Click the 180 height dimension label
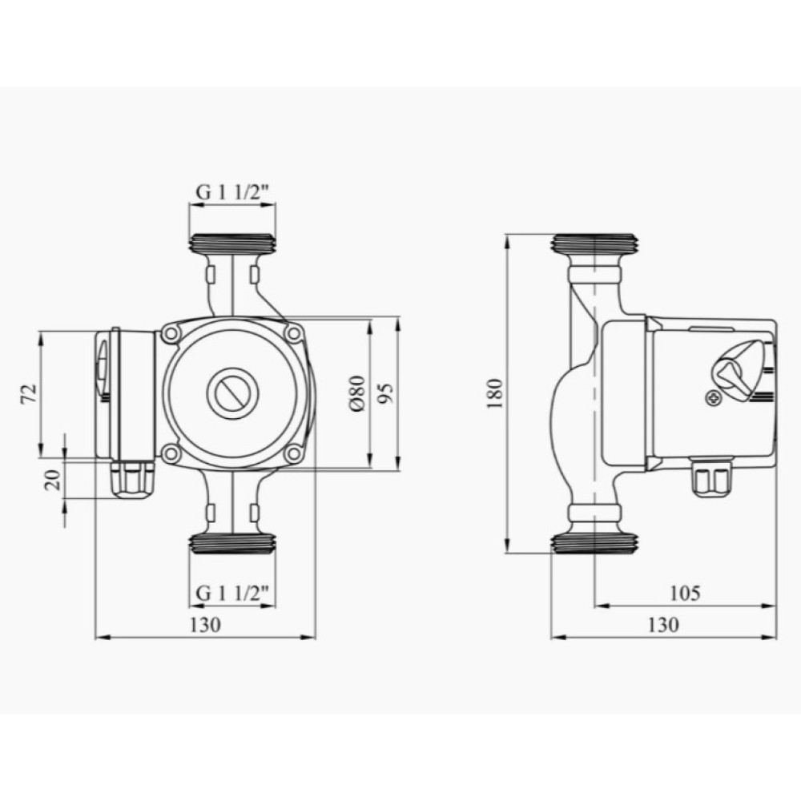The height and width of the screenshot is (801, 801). (x=494, y=392)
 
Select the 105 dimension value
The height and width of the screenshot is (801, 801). (x=685, y=593)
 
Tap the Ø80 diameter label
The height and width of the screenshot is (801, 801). (x=357, y=393)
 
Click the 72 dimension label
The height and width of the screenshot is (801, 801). (x=29, y=393)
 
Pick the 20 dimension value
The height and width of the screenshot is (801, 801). (x=53, y=480)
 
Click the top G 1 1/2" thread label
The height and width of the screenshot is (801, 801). (x=233, y=192)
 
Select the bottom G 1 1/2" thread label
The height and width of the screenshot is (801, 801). (x=233, y=593)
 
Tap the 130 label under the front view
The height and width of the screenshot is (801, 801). (x=205, y=625)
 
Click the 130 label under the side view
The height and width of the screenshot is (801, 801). (x=663, y=625)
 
